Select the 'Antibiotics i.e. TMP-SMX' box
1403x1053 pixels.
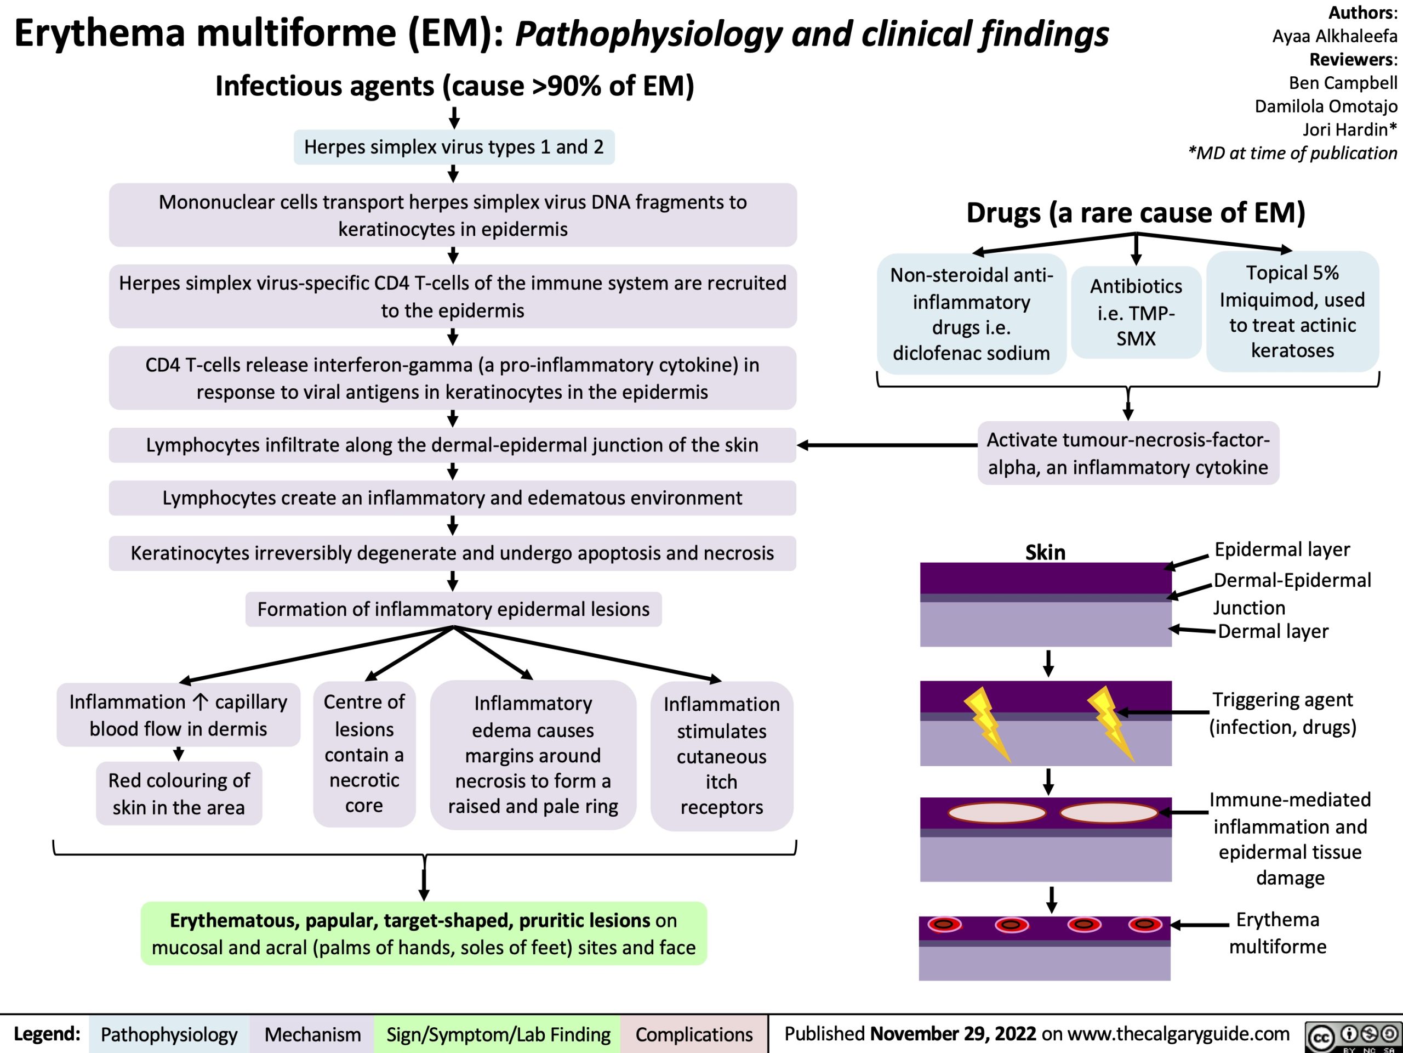tap(1136, 312)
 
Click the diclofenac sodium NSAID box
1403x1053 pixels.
tap(971, 314)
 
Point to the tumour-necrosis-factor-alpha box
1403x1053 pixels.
tap(1128, 453)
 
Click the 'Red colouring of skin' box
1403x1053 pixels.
tap(179, 794)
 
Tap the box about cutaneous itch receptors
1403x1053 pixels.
tap(721, 755)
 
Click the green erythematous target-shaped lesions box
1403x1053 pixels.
tap(424, 933)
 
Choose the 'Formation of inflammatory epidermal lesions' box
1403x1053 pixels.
tap(453, 609)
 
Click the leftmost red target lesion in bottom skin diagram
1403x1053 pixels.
tap(944, 925)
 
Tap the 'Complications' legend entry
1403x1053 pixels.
tap(694, 1034)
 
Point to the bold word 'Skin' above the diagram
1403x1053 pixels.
tap(1045, 552)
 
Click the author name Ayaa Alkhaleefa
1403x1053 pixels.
tap(1334, 36)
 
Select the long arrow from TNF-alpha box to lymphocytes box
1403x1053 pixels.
tap(888, 445)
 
